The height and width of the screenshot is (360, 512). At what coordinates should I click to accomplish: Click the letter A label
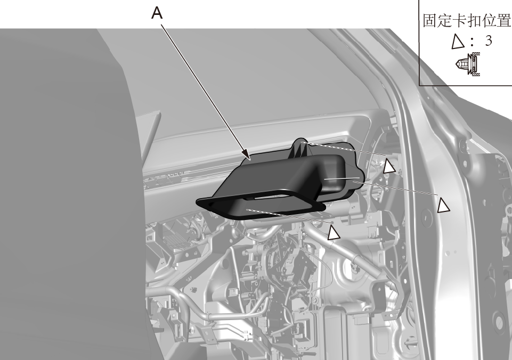tap(157, 13)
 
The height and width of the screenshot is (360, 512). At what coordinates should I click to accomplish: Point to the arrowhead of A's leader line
tap(247, 157)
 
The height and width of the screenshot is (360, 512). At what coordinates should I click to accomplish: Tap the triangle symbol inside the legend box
tap(458, 42)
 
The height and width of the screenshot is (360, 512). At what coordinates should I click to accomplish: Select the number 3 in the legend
tap(489, 40)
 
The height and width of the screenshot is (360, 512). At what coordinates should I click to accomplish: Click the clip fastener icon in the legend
tap(468, 64)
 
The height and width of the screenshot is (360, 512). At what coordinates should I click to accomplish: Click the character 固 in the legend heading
tap(430, 21)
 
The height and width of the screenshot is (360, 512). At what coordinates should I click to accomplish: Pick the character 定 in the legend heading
tap(445, 21)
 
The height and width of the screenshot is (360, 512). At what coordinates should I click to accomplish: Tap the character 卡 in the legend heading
tap(459, 21)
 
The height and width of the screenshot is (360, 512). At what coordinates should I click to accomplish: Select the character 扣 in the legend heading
tap(474, 21)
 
